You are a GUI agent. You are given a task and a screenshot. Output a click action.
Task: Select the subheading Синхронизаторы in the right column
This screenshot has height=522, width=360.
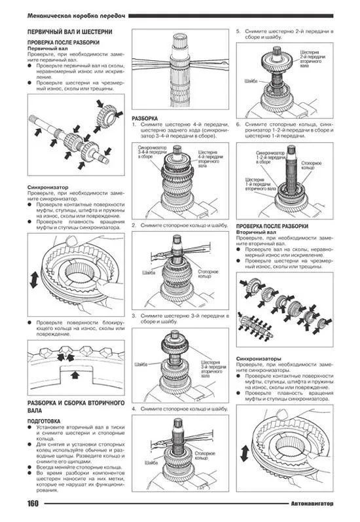tap(258, 359)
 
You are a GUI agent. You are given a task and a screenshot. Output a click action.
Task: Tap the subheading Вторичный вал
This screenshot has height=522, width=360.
tap(254, 232)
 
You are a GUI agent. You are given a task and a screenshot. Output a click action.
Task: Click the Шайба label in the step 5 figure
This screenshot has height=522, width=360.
tap(249, 81)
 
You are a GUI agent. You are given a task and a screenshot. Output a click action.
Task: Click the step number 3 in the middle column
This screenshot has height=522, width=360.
tap(134, 316)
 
